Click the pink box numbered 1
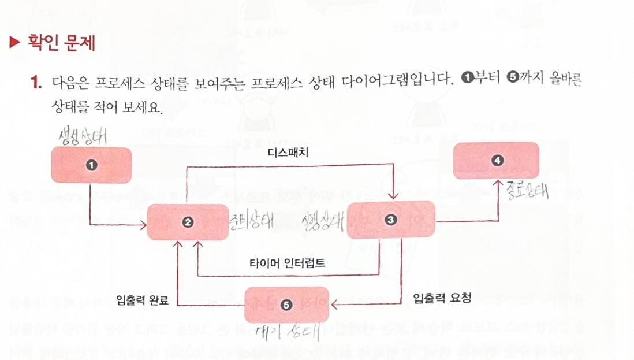point(91,164)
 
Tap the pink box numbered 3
point(391,220)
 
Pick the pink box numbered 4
point(497,160)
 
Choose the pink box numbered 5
point(286,305)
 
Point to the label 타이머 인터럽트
point(286,263)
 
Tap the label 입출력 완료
point(141,299)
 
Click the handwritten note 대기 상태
point(287,333)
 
